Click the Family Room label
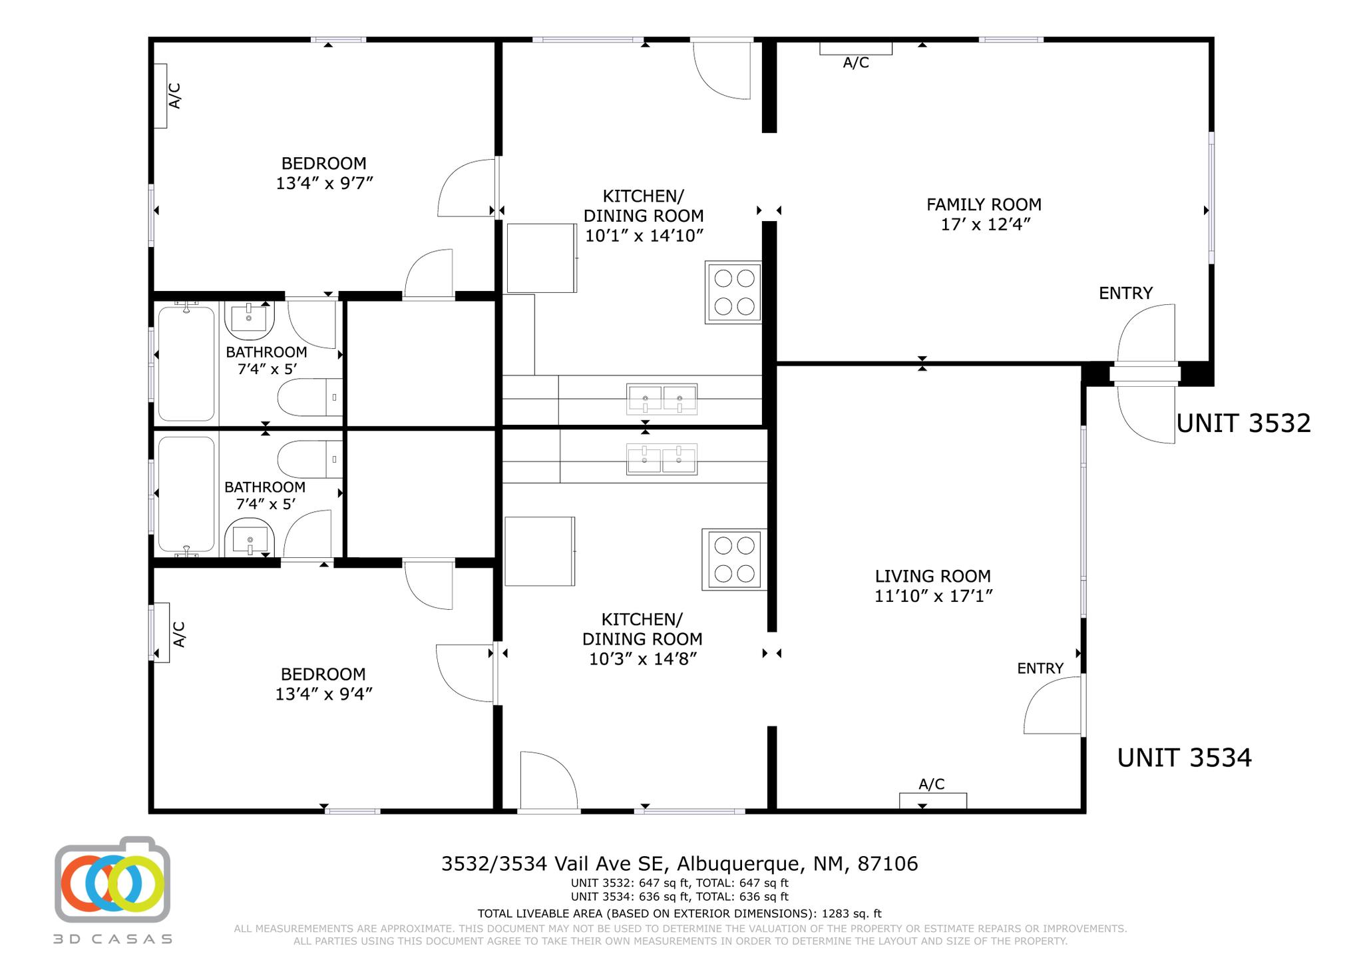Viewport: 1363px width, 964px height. point(984,204)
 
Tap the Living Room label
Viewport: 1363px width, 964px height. point(932,576)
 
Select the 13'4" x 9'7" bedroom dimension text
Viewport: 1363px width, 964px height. point(324,183)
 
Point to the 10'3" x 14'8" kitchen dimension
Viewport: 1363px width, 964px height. point(642,659)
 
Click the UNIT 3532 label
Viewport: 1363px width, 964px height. point(1243,423)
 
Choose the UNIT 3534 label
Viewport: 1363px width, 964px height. point(1184,758)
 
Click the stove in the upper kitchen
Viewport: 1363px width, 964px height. point(733,292)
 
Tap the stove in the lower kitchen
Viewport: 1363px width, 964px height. point(735,559)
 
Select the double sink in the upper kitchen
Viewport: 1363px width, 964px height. point(662,399)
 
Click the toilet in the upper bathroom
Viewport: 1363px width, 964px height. point(310,397)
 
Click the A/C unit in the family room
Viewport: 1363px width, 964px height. point(855,49)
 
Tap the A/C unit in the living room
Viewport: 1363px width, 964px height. point(932,801)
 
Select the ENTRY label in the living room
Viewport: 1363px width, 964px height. point(1040,668)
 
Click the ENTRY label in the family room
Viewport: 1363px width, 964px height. point(1125,293)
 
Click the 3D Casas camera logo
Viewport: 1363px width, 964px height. point(112,879)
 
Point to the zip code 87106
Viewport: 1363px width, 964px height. point(888,863)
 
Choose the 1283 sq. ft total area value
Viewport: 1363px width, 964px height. point(851,914)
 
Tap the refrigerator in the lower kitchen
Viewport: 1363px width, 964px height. point(540,551)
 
